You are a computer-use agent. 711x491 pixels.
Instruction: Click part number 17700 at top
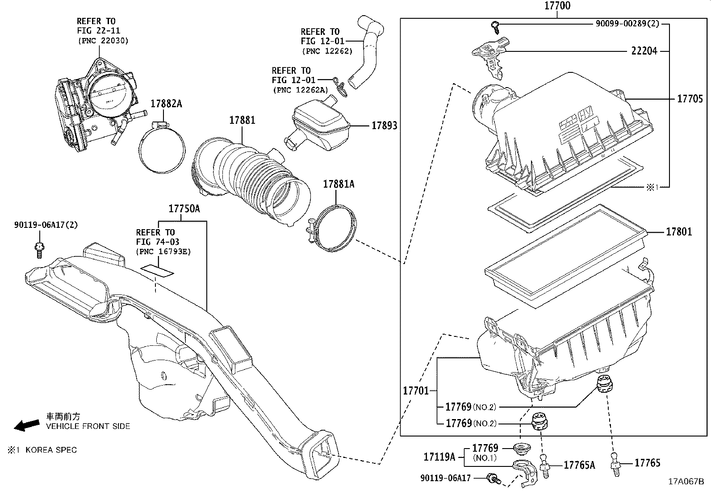click(x=557, y=6)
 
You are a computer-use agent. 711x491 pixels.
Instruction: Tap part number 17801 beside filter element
click(x=679, y=231)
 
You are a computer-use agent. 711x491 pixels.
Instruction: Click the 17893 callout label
click(x=384, y=126)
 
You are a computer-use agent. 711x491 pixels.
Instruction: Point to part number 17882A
click(x=166, y=104)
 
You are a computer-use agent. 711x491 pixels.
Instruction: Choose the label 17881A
click(x=338, y=184)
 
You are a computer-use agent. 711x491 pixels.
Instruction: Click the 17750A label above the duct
click(x=184, y=209)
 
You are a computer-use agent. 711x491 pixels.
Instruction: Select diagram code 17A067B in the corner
click(x=686, y=482)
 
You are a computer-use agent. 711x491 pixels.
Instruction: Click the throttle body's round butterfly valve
click(x=110, y=94)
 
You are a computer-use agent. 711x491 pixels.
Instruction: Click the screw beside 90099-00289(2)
click(x=495, y=26)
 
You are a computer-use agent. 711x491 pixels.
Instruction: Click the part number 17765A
click(x=579, y=465)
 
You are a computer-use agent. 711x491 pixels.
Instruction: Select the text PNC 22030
click(x=102, y=41)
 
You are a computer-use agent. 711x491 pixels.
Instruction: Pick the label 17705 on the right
click(x=690, y=99)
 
